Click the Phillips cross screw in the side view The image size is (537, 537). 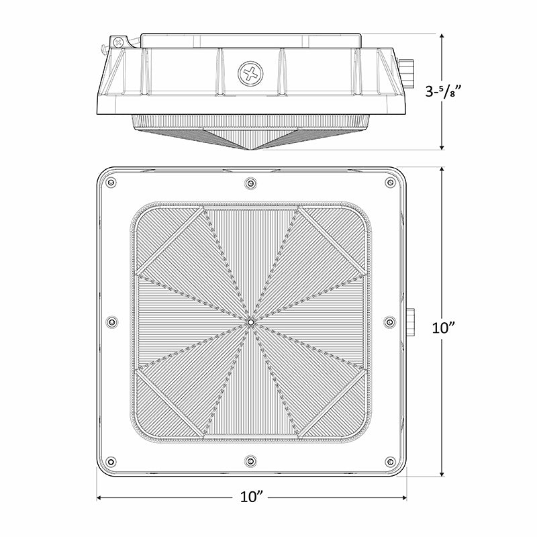coord(251,73)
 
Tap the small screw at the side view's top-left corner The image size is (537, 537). coord(119,42)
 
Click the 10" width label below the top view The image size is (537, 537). coord(251,497)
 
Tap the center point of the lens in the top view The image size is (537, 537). coord(250,322)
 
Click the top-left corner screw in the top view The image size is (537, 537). coord(111,183)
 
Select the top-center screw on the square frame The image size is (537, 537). coord(250,183)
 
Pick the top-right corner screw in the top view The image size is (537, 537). coord(390,183)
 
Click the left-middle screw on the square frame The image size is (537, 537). coord(111,322)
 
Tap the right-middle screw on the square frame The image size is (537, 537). coord(390,322)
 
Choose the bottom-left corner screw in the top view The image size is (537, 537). coord(111,461)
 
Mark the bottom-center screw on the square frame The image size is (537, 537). coord(250,461)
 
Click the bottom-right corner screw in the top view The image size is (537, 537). coord(390,461)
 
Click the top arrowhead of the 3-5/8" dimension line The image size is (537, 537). coord(441,36)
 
